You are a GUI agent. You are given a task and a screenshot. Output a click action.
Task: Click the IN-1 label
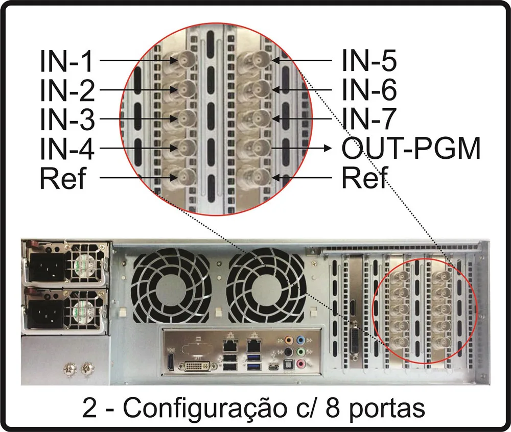pyautogui.click(x=66, y=61)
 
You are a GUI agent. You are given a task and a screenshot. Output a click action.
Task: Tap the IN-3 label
pyautogui.click(x=67, y=119)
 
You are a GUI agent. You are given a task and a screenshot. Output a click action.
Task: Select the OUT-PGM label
pyautogui.click(x=411, y=148)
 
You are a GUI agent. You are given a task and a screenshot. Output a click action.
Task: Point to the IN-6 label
pyautogui.click(x=369, y=89)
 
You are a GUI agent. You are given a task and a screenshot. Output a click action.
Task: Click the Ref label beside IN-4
pyautogui.click(x=62, y=178)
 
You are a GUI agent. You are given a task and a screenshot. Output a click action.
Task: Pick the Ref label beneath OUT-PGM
pyautogui.click(x=365, y=178)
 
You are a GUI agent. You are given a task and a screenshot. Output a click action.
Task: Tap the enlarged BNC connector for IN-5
pyautogui.click(x=259, y=60)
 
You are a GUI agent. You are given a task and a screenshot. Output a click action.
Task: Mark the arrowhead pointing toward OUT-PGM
pyautogui.click(x=327, y=148)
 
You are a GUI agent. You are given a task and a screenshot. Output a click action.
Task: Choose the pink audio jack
pyautogui.click(x=301, y=363)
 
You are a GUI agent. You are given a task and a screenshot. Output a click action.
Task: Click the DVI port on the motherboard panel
pyautogui.click(x=198, y=366)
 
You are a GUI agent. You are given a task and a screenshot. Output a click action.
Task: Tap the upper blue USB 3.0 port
pyautogui.click(x=254, y=357)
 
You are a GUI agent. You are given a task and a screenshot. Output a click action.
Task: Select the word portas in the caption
pyautogui.click(x=387, y=409)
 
